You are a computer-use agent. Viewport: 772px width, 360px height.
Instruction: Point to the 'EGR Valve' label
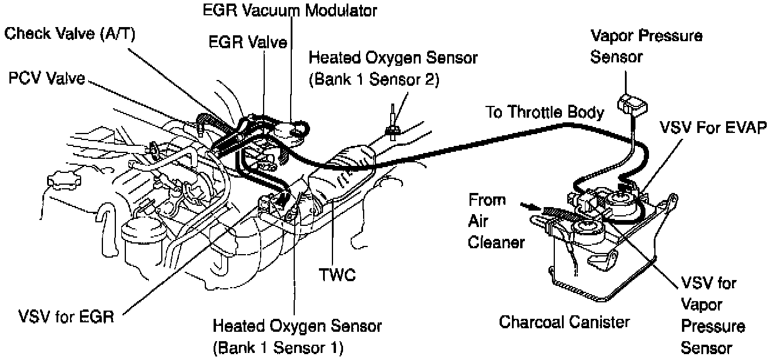click(247, 42)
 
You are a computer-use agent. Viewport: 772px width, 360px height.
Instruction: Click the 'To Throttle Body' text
click(545, 112)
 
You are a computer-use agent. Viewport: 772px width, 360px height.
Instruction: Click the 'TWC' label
click(337, 275)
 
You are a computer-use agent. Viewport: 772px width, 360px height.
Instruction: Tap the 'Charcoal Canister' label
click(564, 322)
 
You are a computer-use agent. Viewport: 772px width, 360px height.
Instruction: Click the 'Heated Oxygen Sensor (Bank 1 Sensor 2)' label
click(373, 69)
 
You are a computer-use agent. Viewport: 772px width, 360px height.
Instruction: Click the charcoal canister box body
click(588, 259)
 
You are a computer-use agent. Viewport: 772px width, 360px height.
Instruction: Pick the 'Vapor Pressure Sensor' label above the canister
click(645, 46)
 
